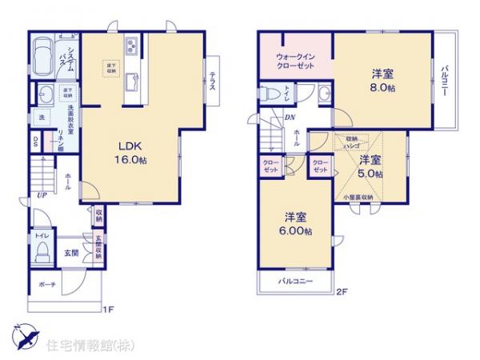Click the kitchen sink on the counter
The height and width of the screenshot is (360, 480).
click(x=132, y=80)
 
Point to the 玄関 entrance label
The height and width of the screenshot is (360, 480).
click(x=72, y=253)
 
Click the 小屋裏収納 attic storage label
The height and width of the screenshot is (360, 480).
click(x=358, y=197)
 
